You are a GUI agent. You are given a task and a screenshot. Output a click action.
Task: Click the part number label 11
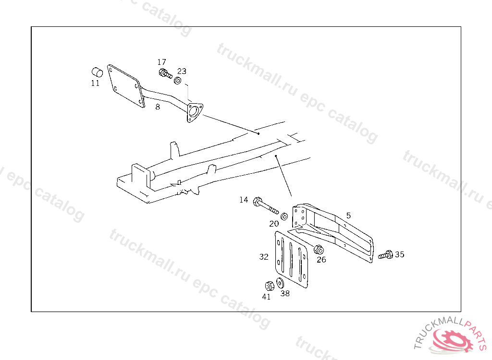click(96, 83)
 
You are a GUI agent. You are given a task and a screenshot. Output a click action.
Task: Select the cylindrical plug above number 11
click(97, 72)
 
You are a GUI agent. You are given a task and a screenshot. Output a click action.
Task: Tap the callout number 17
click(161, 62)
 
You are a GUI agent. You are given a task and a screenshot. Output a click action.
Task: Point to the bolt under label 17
click(165, 74)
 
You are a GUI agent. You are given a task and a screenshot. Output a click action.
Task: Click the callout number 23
click(182, 71)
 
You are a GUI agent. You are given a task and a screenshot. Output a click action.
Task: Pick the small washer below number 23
click(177, 81)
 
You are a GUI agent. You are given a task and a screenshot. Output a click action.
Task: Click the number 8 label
click(158, 107)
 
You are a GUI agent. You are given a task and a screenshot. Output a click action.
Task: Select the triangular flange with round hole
click(195, 112)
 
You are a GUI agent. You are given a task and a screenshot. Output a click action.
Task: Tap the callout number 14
click(244, 200)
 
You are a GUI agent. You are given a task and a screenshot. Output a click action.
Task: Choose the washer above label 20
click(284, 216)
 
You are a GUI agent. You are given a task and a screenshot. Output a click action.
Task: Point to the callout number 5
click(349, 216)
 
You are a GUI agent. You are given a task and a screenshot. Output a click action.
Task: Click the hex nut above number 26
click(319, 250)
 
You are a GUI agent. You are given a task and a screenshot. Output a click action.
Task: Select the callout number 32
click(264, 257)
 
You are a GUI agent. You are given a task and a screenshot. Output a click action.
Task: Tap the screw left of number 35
click(385, 255)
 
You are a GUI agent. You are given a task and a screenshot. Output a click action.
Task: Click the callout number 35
click(399, 254)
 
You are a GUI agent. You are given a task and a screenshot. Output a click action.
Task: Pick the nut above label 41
click(269, 286)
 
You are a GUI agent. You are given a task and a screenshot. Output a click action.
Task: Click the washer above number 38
click(280, 283)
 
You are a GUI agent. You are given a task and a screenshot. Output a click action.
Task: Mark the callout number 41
click(266, 297)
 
